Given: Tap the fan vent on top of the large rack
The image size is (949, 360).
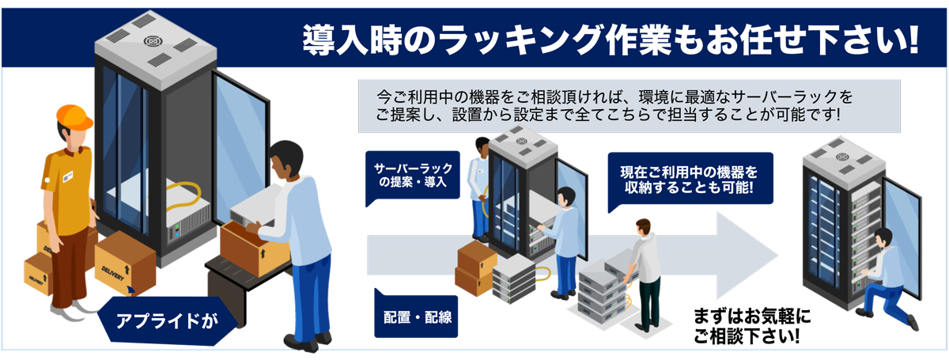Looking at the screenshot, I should pyautogui.click(x=153, y=40).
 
